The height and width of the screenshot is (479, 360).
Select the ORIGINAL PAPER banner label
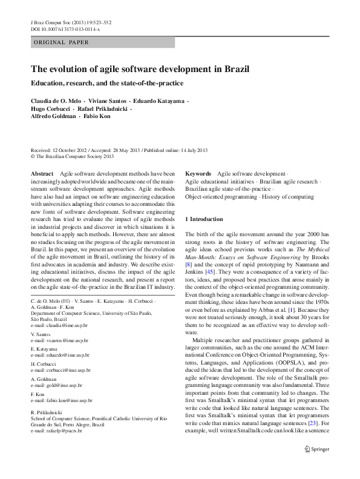(x=61, y=42)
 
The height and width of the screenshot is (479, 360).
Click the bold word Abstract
(x=42, y=173)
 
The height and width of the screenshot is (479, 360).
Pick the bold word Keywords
(x=198, y=173)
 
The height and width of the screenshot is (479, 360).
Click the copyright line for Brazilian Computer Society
(x=72, y=156)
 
